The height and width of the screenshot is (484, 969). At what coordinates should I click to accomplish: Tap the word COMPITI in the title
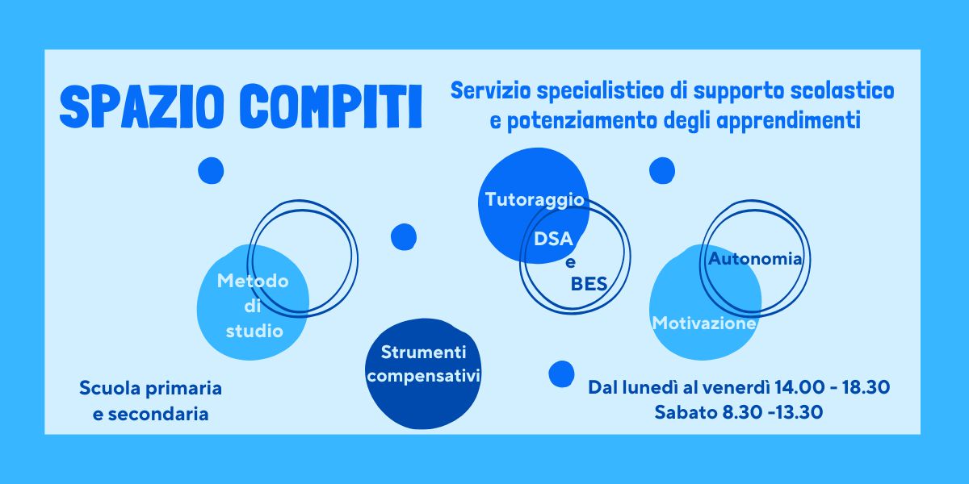(x=330, y=106)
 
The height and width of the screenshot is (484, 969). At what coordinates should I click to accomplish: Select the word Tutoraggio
(x=535, y=201)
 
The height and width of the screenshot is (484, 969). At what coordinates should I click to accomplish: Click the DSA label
(x=553, y=239)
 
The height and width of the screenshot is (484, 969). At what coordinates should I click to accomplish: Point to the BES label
(x=589, y=284)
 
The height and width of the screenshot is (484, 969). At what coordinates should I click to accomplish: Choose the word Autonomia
(x=755, y=259)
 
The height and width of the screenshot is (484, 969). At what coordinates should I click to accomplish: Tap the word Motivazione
(x=704, y=323)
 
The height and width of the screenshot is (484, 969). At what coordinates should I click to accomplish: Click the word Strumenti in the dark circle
(x=423, y=353)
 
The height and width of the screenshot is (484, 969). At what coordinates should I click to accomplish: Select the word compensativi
(x=423, y=377)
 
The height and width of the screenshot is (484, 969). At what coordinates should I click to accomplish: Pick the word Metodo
(x=253, y=281)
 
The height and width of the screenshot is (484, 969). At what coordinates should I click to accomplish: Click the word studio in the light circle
(x=254, y=331)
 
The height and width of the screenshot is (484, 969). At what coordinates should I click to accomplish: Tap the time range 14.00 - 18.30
(x=832, y=387)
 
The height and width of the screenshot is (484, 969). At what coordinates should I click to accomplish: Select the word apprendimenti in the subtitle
(x=788, y=120)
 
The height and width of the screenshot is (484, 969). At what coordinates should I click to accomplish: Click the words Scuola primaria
(x=150, y=389)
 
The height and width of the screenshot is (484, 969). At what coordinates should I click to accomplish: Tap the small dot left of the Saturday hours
(x=561, y=373)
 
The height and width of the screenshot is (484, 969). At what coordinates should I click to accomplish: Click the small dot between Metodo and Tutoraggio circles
(x=404, y=237)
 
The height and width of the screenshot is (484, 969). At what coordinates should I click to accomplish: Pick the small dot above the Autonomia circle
(x=662, y=170)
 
